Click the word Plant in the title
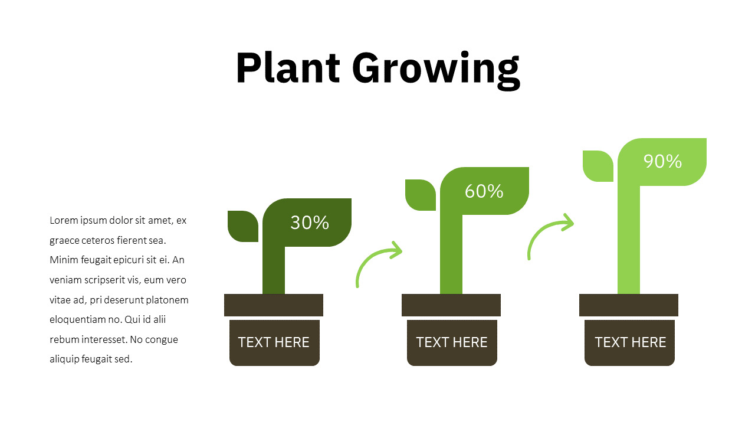click(288, 67)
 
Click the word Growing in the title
click(436, 70)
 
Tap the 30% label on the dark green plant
click(310, 223)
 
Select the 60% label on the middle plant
click(484, 191)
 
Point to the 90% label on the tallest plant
click(662, 161)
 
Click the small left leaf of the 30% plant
click(243, 226)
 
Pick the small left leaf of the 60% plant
click(421, 195)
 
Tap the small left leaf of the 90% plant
click(598, 166)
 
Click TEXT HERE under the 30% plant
click(274, 342)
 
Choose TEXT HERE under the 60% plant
click(452, 342)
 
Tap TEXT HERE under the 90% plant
click(631, 342)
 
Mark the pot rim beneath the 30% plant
click(274, 305)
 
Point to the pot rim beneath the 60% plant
click(451, 305)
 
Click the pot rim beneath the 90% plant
click(629, 305)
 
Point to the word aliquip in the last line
click(64, 359)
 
